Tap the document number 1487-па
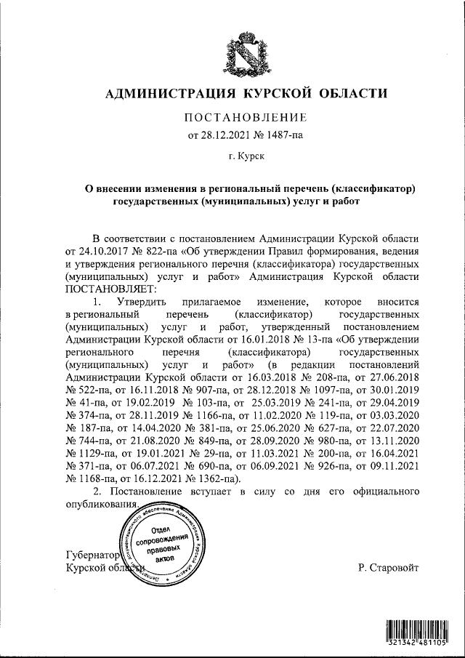tap(278, 135)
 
